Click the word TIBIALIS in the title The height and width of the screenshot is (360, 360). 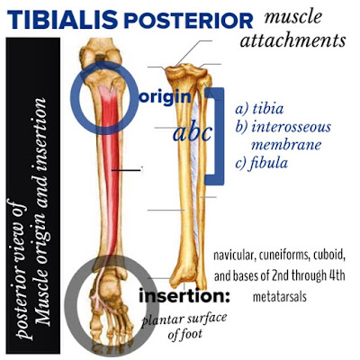[x=62, y=20]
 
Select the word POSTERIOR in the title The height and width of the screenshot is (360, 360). [x=188, y=21]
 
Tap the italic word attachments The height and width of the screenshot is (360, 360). [x=292, y=40]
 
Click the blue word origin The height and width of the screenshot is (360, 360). [x=165, y=98]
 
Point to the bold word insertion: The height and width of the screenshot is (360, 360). [x=184, y=297]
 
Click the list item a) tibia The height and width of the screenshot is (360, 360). [x=259, y=109]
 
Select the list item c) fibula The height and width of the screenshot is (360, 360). [x=262, y=163]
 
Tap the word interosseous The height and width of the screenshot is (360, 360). [x=291, y=127]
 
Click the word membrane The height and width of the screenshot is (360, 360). [x=286, y=145]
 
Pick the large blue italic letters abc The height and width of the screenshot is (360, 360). [x=193, y=133]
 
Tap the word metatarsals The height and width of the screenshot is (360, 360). [x=280, y=297]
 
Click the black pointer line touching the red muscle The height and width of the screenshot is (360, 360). [x=126, y=170]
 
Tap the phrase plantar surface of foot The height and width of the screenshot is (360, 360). [x=184, y=325]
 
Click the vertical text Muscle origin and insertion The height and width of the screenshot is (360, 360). [x=42, y=211]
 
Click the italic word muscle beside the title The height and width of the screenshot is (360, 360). [x=292, y=17]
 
